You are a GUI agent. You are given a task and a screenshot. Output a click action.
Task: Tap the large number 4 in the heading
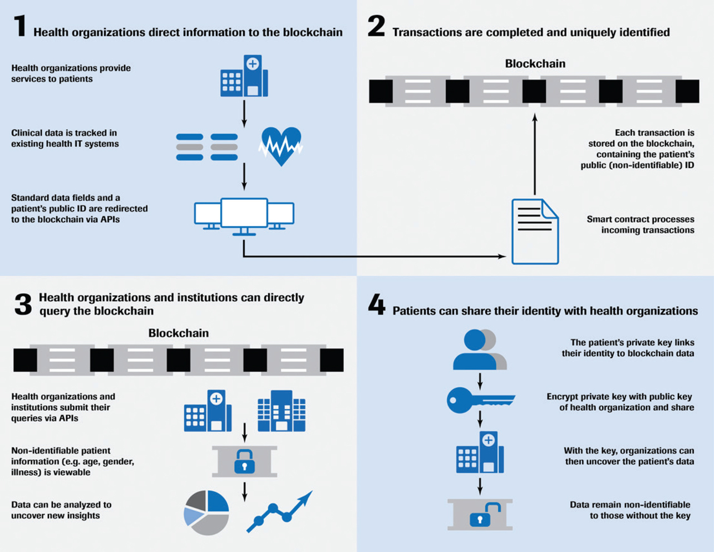pos(376,305)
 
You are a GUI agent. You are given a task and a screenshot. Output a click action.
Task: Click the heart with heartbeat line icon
pos(280,146)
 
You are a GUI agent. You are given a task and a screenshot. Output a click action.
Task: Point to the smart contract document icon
pos(534,231)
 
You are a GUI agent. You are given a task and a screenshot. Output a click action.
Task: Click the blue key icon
pos(480,400)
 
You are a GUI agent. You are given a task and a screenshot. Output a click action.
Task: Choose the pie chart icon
pos(206,512)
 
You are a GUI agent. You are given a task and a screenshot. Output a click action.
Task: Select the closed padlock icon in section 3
pos(244,461)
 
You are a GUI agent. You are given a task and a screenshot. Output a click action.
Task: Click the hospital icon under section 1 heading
pos(244,76)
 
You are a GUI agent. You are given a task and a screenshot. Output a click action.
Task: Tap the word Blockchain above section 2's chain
pos(535,63)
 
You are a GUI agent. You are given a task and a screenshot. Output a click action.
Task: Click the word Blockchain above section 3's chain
pos(178,333)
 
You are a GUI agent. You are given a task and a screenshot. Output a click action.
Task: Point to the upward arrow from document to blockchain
pos(535,156)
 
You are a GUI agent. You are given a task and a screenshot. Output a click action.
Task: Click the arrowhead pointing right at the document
pos(502,257)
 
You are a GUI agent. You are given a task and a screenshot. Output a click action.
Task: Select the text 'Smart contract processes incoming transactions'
pos(640,224)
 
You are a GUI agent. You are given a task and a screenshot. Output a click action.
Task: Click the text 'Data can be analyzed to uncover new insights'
pos(61,510)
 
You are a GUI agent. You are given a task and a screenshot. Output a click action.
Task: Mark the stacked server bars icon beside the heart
pos(207,147)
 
